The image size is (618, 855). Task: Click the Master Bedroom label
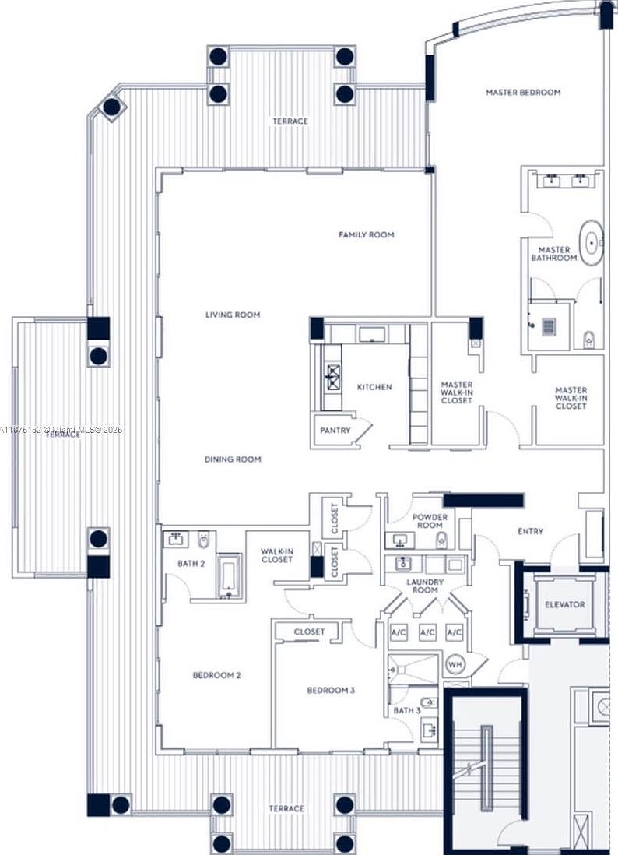523,93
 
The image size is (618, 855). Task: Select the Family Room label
366,234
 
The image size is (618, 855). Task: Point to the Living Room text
233,315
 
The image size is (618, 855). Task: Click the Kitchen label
374,387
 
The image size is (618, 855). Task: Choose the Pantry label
335,431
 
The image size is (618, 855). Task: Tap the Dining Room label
233,459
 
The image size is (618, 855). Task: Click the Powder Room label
430,521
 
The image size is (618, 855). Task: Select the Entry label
530,532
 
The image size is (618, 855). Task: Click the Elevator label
565,604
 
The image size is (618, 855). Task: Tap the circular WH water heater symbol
455,665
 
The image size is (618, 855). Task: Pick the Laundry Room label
425,586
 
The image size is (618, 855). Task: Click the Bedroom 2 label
216,675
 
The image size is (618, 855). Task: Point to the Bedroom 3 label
331,691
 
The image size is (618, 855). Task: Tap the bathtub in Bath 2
228,576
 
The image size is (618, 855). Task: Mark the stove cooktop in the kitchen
334,377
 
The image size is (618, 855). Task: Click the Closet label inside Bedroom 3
309,632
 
